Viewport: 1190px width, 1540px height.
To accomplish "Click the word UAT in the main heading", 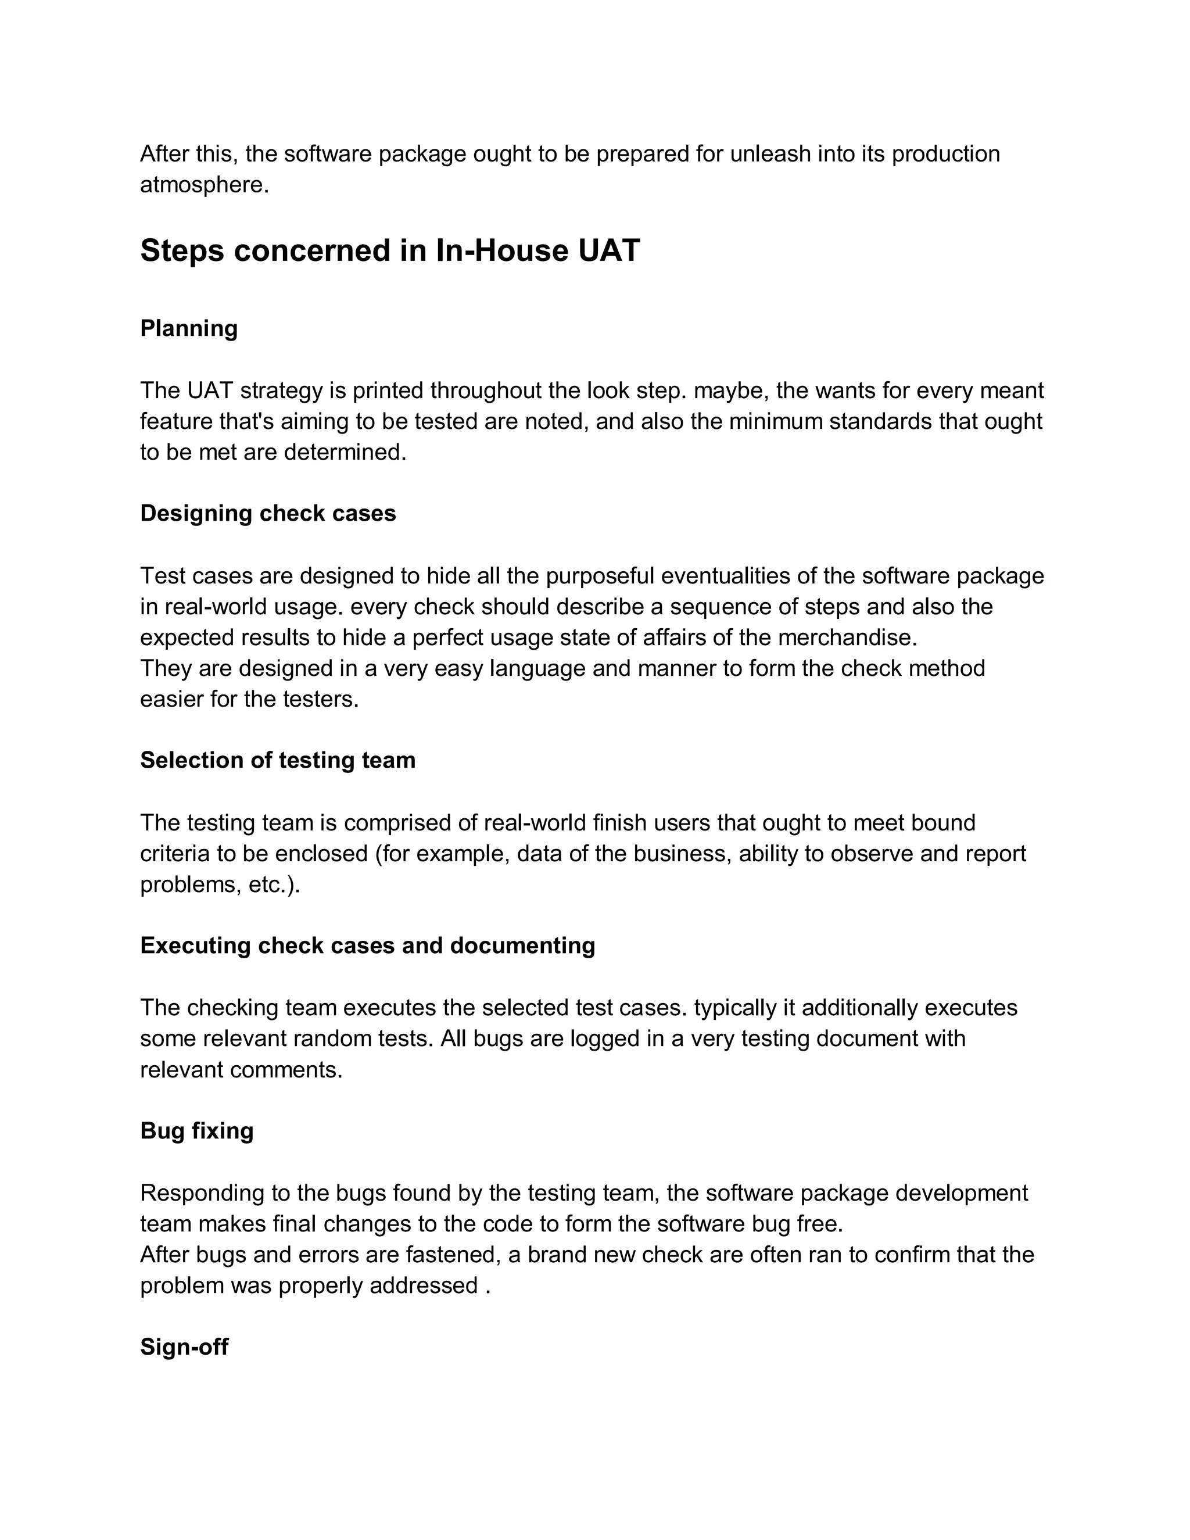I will pyautogui.click(x=608, y=251).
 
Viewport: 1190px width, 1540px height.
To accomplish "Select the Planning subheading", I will pyautogui.click(x=189, y=328).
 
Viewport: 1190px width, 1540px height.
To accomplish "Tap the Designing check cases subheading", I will pyautogui.click(x=268, y=513).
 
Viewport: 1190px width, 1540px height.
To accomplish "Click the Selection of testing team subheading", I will pyautogui.click(x=278, y=760).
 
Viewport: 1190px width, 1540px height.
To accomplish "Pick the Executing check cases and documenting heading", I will pyautogui.click(x=367, y=946).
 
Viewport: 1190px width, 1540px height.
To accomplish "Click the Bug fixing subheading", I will pyautogui.click(x=197, y=1130).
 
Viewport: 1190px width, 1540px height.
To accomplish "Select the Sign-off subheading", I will pyautogui.click(x=184, y=1347).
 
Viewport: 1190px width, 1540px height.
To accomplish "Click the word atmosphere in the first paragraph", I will pyautogui.click(x=204, y=185).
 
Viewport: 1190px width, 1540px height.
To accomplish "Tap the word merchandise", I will pyautogui.click(x=847, y=638).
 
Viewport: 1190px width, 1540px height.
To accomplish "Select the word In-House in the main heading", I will pyautogui.click(x=501, y=251).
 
